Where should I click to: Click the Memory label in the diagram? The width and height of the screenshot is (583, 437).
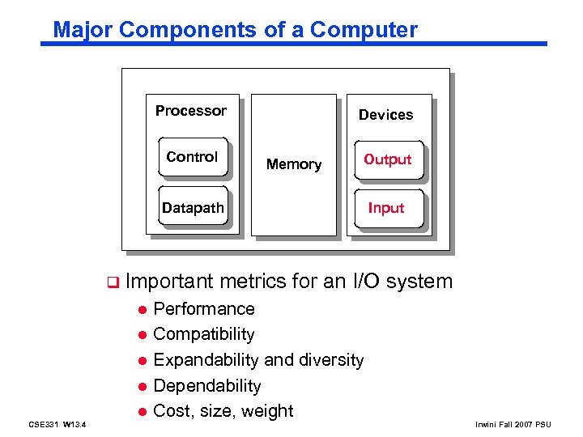294,164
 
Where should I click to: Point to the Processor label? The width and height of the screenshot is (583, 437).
191,111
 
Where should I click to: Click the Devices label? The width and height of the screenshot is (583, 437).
385,115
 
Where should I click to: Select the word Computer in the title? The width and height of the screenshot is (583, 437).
364,30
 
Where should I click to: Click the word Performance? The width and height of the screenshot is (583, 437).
203,309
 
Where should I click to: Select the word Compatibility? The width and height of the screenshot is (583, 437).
203,334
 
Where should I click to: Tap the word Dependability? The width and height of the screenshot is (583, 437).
206,386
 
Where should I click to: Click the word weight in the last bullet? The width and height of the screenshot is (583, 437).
268,411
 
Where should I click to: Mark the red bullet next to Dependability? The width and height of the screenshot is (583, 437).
141,387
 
